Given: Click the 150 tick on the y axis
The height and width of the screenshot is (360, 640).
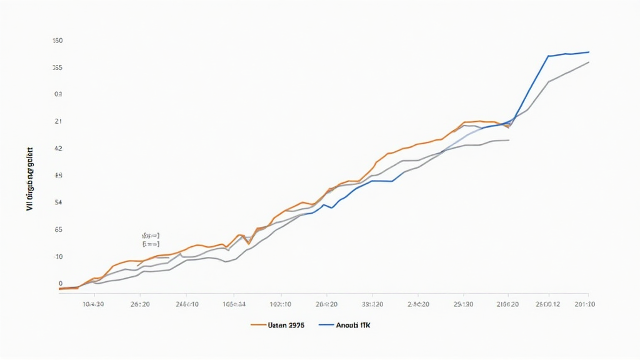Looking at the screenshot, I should pyautogui.click(x=57, y=41).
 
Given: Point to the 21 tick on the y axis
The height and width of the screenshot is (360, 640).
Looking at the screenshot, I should pyautogui.click(x=58, y=121).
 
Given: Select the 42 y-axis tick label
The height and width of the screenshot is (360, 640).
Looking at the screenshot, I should pyautogui.click(x=58, y=149).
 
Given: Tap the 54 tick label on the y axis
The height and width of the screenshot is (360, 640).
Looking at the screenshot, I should pyautogui.click(x=59, y=202).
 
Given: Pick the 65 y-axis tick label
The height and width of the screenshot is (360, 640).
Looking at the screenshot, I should pyautogui.click(x=58, y=229).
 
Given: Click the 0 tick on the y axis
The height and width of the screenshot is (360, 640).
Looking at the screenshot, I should pyautogui.click(x=60, y=284).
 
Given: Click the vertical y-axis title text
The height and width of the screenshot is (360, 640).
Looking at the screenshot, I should pyautogui.click(x=30, y=178).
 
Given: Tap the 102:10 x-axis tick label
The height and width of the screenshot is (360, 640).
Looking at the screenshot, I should pyautogui.click(x=280, y=304).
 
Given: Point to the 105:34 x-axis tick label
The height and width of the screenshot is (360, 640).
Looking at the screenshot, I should pyautogui.click(x=233, y=304).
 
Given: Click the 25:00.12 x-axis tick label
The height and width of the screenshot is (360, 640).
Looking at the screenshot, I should pyautogui.click(x=548, y=304).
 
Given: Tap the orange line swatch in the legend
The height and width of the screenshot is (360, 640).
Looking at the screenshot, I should pyautogui.click(x=259, y=325).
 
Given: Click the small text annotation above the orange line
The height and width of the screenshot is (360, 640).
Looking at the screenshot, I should pyautogui.click(x=151, y=240).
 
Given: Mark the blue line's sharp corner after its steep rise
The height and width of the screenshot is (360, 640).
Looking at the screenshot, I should pyautogui.click(x=548, y=56).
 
